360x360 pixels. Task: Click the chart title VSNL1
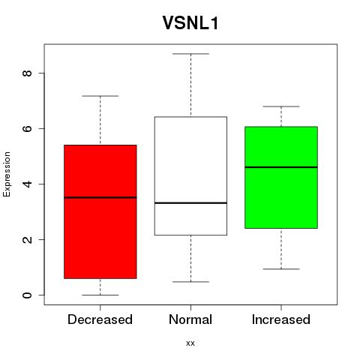tap(190, 23)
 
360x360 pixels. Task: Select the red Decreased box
tap(100, 211)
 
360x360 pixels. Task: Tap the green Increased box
tap(281, 178)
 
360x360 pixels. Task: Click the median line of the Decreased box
tap(100, 197)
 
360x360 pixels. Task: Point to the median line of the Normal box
tap(190, 203)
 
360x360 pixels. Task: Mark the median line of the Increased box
tap(281, 167)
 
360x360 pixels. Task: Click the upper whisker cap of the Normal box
tap(190, 54)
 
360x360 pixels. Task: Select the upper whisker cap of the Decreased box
tap(100, 96)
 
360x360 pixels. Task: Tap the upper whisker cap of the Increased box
tap(281, 106)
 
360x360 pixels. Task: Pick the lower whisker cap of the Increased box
tap(281, 269)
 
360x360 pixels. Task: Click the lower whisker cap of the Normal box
tap(190, 282)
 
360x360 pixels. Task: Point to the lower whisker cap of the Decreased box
tap(100, 295)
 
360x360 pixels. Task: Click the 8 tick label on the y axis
tap(28, 73)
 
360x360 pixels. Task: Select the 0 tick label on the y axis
tap(28, 295)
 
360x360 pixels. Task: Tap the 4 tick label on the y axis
tap(28, 184)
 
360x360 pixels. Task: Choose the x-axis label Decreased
tap(100, 319)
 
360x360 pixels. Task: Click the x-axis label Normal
tap(190, 319)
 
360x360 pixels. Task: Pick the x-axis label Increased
tap(281, 319)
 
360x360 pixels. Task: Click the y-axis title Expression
tap(7, 174)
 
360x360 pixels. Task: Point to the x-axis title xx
tap(190, 343)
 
